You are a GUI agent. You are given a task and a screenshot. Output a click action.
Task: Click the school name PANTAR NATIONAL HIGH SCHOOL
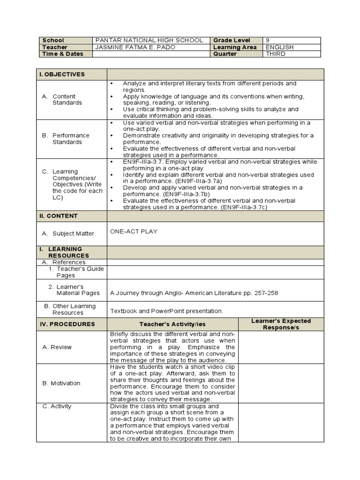(150, 40)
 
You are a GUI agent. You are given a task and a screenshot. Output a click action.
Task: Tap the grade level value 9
(268, 40)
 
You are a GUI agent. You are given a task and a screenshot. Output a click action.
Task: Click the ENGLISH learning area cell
(280, 47)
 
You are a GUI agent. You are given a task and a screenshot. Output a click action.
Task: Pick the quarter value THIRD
(276, 54)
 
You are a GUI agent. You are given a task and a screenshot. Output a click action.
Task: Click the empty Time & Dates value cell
(152, 54)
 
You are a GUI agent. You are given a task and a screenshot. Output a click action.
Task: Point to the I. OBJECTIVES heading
(65, 75)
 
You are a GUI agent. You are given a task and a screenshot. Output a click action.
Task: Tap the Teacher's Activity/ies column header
(172, 324)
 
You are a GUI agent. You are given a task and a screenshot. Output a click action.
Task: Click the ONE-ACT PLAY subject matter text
(134, 232)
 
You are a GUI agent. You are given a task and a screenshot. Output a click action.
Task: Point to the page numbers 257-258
(267, 293)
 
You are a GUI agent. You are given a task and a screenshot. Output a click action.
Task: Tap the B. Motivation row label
(61, 383)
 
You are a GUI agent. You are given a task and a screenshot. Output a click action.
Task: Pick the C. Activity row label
(57, 406)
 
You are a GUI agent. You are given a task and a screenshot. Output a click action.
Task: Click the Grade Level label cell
(232, 40)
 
